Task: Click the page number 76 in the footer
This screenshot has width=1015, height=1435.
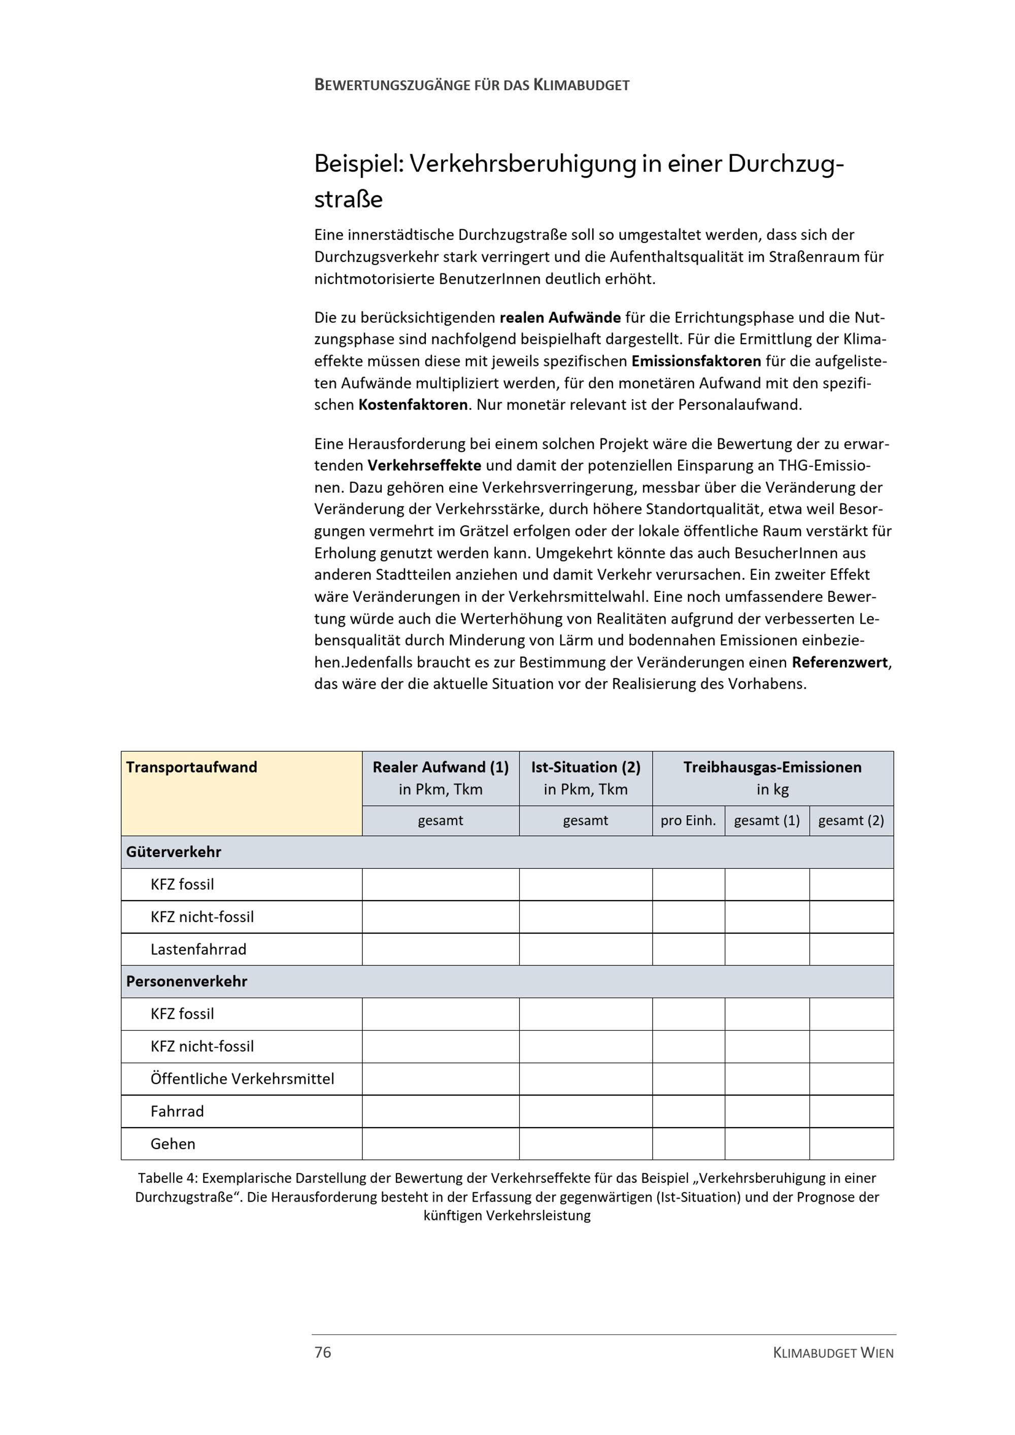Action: click(x=322, y=1352)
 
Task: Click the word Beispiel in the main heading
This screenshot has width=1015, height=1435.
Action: click(x=357, y=164)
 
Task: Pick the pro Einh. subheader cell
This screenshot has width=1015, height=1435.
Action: click(x=688, y=820)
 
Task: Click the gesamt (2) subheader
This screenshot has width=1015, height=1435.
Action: click(x=851, y=820)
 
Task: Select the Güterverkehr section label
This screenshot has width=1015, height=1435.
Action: click(x=173, y=851)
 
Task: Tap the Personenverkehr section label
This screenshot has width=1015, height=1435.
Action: click(x=186, y=981)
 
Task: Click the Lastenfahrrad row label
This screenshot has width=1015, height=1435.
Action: click(x=198, y=949)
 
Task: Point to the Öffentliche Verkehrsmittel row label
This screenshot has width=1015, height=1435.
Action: click(x=242, y=1078)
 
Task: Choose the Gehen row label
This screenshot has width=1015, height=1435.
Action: click(x=173, y=1143)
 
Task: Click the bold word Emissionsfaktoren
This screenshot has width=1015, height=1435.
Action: click(x=696, y=361)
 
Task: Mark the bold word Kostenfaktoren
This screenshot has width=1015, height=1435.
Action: click(x=413, y=405)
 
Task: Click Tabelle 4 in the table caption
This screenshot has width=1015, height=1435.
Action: click(x=167, y=1178)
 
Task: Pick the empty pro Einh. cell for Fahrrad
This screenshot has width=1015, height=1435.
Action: click(x=688, y=1111)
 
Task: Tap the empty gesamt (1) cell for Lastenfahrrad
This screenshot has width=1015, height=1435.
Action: click(x=766, y=949)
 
